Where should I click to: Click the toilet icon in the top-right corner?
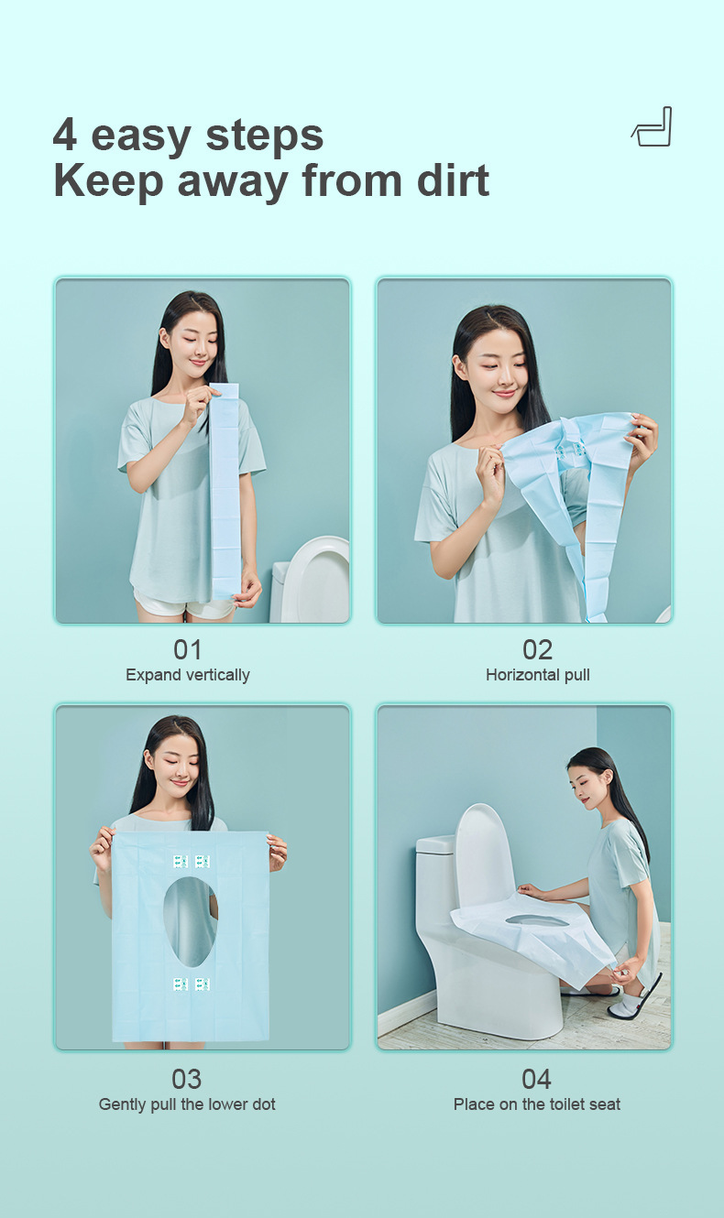(653, 127)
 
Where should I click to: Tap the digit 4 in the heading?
(65, 136)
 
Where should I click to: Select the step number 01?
(187, 649)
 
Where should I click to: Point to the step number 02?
(537, 649)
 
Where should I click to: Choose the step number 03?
(187, 1079)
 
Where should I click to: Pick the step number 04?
(537, 1079)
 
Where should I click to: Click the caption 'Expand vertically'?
(187, 675)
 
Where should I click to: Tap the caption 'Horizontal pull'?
(537, 675)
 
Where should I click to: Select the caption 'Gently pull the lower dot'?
(187, 1104)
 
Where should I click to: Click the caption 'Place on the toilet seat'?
(537, 1104)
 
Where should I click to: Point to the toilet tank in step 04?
(436, 879)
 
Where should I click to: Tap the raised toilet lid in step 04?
(484, 856)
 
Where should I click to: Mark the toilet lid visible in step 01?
(316, 577)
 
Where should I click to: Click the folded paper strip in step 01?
(225, 495)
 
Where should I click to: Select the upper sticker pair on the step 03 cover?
(192, 861)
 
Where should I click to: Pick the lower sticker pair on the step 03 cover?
(192, 984)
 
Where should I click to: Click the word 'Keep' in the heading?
(107, 179)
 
